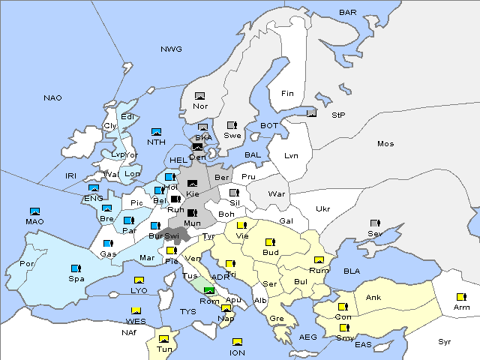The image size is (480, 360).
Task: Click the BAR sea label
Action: tap(347, 12)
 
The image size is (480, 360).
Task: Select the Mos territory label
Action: tap(385, 143)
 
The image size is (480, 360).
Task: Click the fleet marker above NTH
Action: tap(157, 132)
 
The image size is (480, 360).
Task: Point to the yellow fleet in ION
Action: tap(238, 342)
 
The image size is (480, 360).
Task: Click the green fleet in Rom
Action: tap(209, 291)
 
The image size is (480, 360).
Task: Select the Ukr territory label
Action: tap(322, 208)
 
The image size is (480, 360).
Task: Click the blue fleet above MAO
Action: tap(34, 211)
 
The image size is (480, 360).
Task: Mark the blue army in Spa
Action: tap(75, 268)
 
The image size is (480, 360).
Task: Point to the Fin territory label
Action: tap(287, 94)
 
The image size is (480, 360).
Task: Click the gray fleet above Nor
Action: tap(199, 96)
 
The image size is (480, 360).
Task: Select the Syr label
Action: tap(445, 341)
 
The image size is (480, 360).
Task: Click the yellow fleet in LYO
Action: tap(138, 280)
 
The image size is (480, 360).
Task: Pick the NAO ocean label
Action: tap(52, 97)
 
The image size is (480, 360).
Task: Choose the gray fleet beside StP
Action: tap(312, 113)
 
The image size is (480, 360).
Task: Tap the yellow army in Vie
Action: tap(241, 224)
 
